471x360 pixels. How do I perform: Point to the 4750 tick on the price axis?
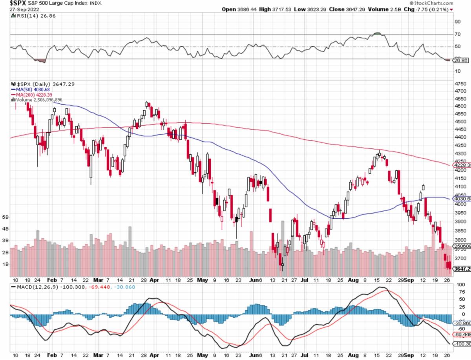(x=460, y=84)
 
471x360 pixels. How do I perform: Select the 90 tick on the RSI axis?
(x=458, y=22)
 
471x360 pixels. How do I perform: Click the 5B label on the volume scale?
(x=5, y=217)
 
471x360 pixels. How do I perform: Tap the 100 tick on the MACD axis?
(x=458, y=284)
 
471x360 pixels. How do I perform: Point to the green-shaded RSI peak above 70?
(x=377, y=34)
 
